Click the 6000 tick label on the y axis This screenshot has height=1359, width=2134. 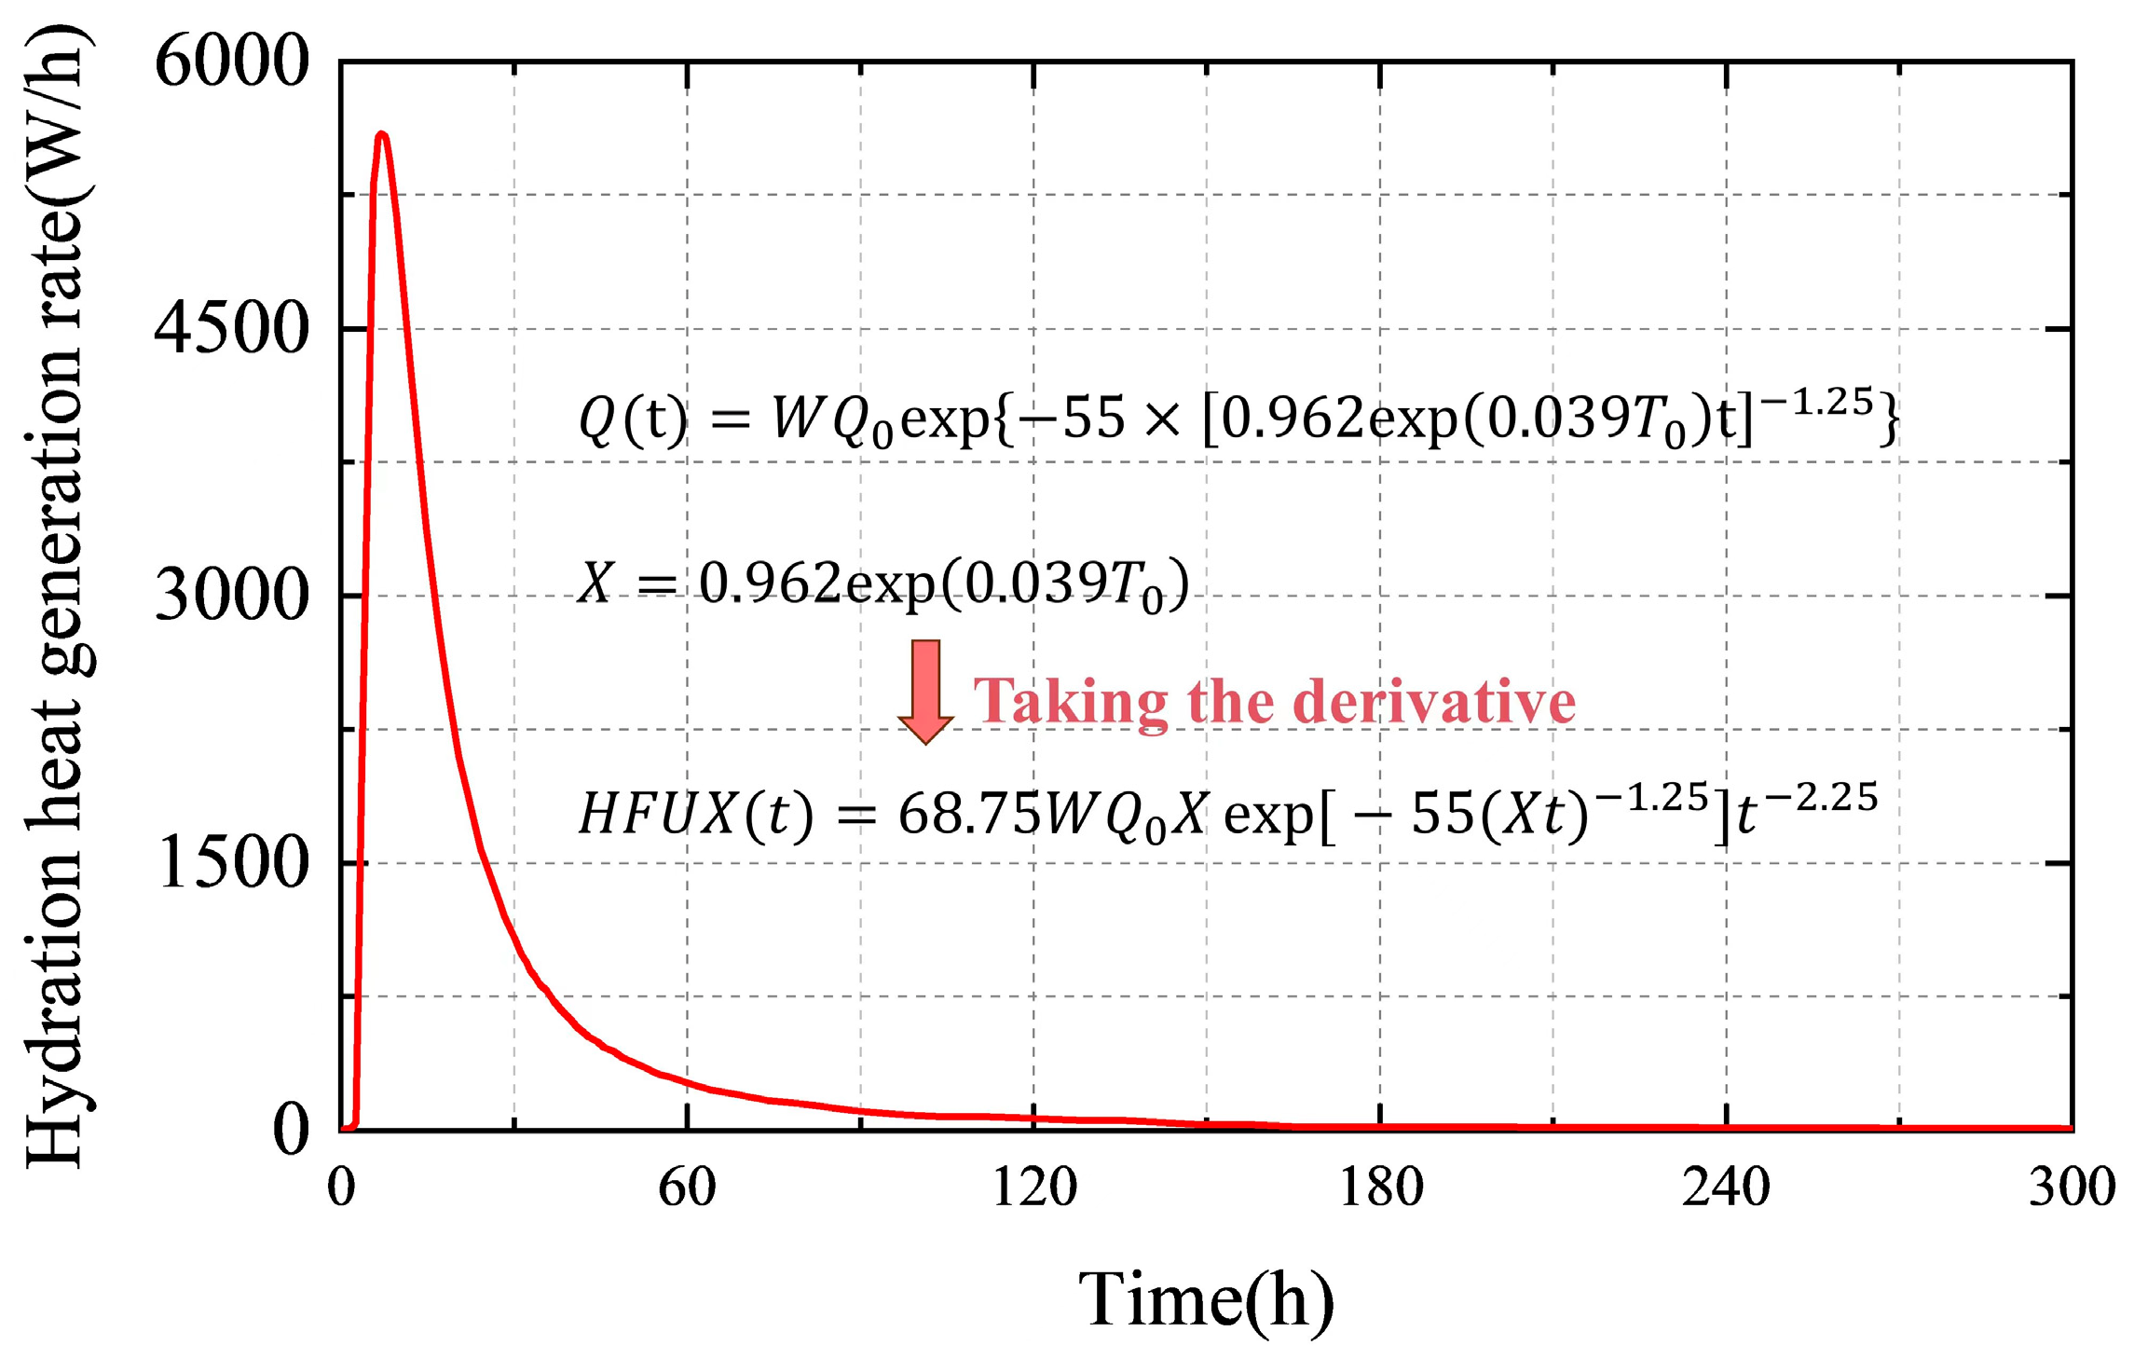coord(231,63)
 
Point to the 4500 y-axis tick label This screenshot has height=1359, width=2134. coord(231,329)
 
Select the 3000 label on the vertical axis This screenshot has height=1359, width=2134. coord(231,596)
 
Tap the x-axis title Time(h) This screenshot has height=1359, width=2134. coord(1206,1299)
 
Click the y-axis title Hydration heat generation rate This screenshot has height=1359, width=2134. coord(56,597)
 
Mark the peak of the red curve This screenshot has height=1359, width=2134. coord(381,135)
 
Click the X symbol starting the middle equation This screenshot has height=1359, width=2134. coord(595,583)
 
